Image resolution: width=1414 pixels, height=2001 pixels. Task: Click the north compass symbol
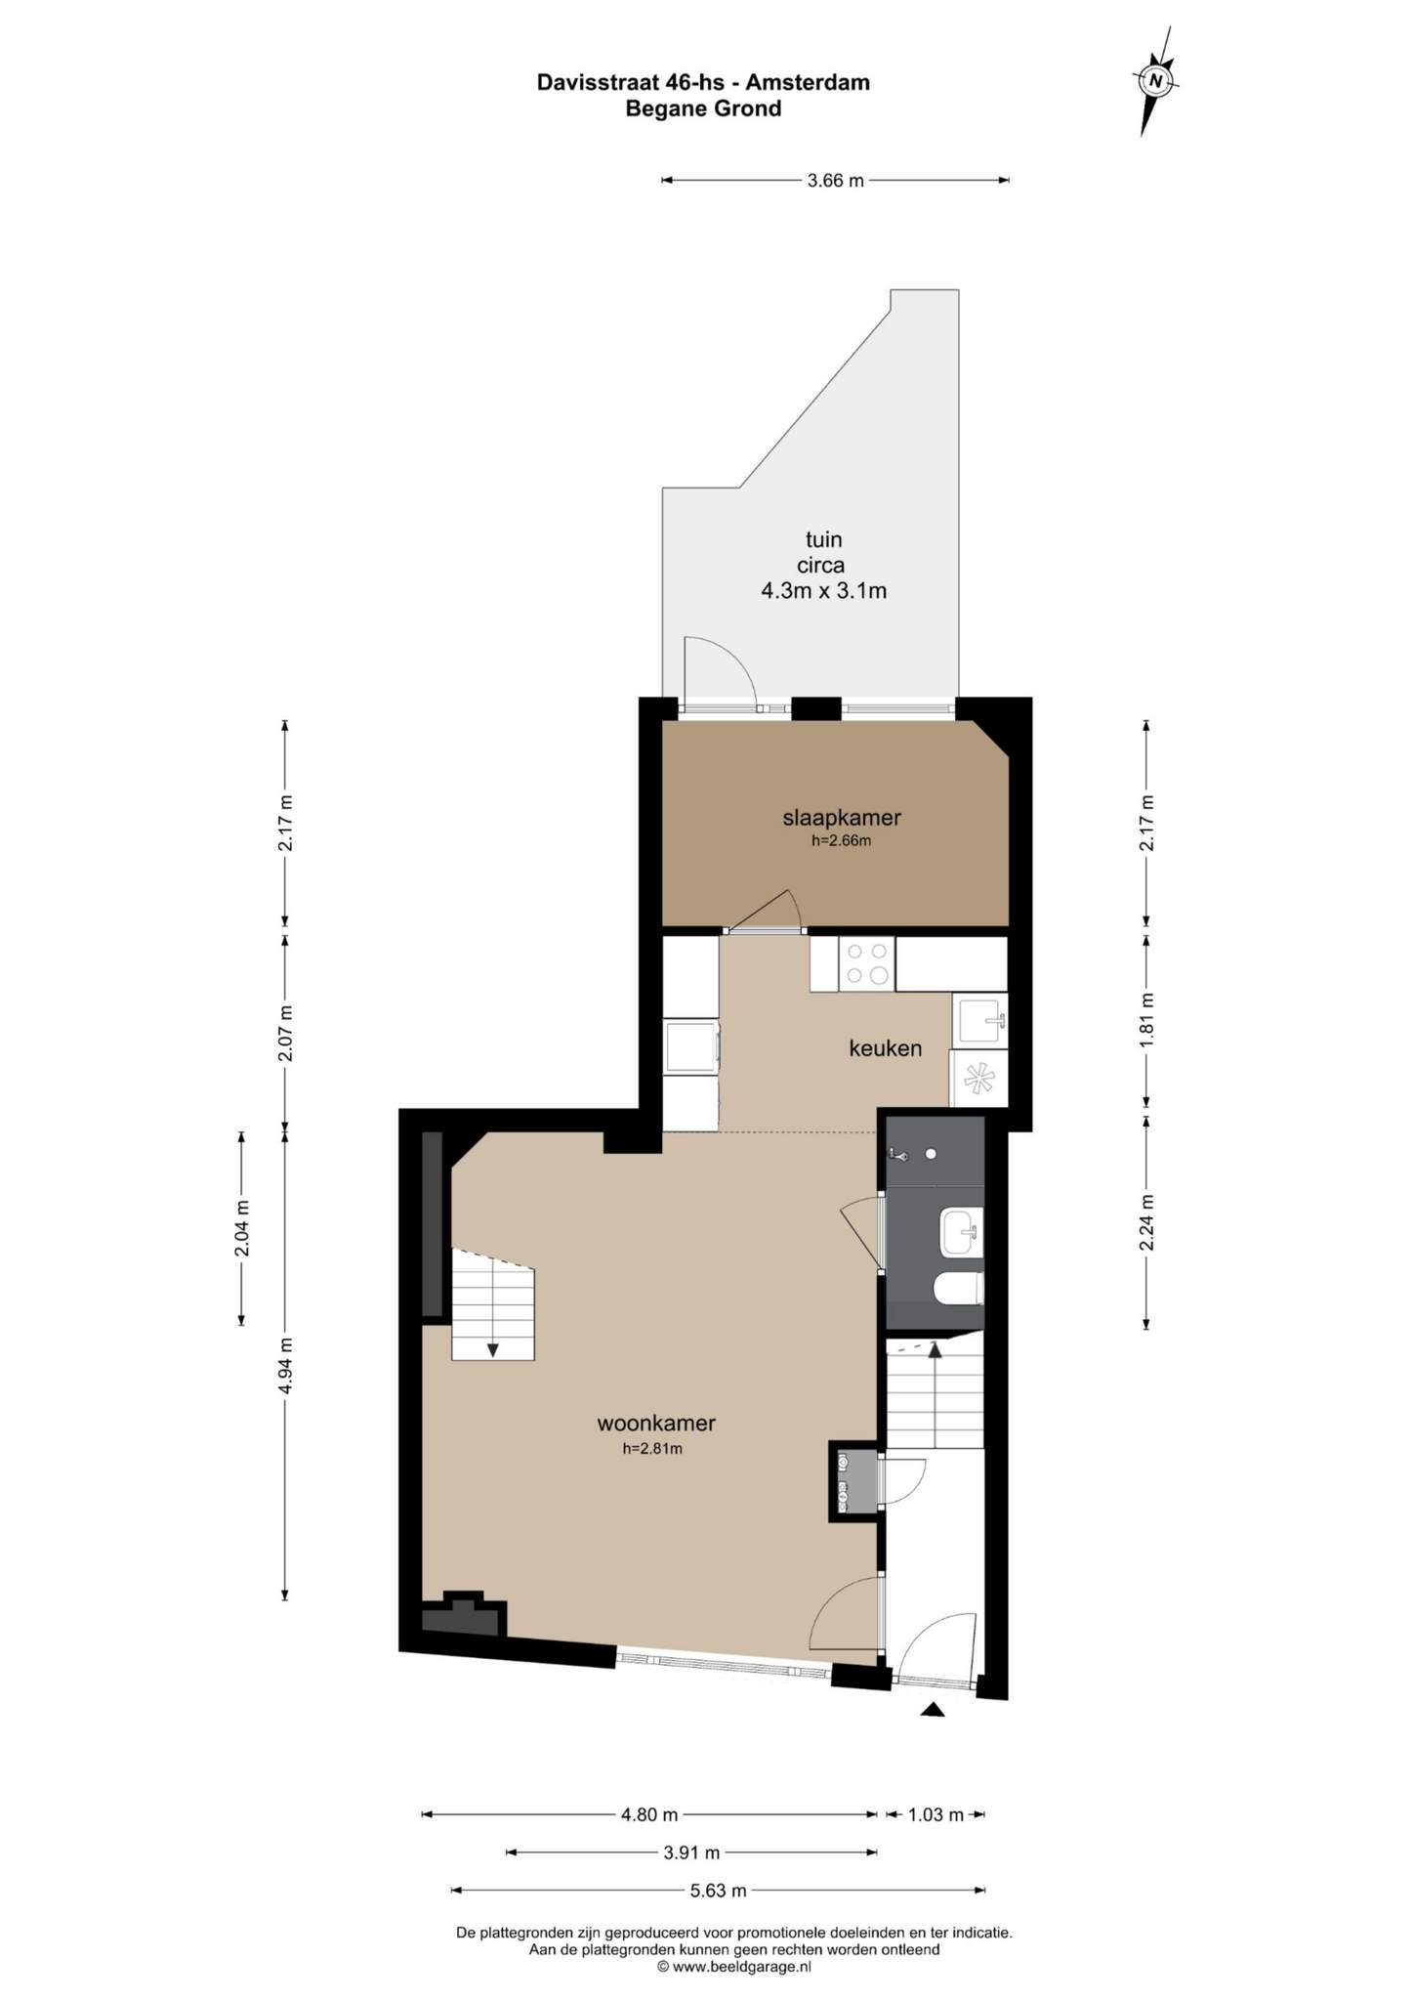pos(1155,80)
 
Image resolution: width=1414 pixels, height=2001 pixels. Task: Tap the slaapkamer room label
pos(841,817)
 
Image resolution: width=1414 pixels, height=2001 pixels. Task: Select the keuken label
pos(885,1048)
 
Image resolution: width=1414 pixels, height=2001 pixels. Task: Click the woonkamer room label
pos(656,1423)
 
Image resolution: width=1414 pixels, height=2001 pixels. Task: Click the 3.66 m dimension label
pos(835,181)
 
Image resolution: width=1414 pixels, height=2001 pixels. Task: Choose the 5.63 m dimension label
pos(718,1891)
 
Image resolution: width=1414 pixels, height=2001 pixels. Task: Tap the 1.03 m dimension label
pos(936,1814)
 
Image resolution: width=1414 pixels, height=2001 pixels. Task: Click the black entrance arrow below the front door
pos(933,1710)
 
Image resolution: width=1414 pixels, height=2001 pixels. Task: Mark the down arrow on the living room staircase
pos(493,1349)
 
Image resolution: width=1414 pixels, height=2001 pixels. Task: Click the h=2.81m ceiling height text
pos(652,1449)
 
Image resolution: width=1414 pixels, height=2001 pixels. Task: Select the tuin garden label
pos(823,539)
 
